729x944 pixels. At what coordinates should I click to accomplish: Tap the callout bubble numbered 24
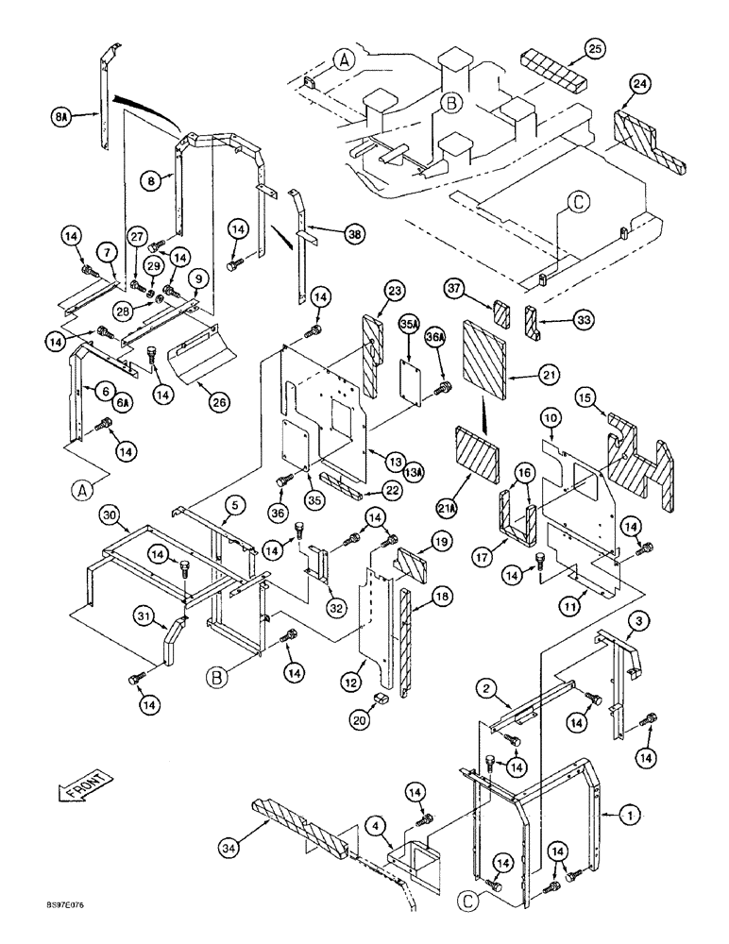click(x=640, y=86)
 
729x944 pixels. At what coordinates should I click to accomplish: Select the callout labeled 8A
click(x=62, y=117)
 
